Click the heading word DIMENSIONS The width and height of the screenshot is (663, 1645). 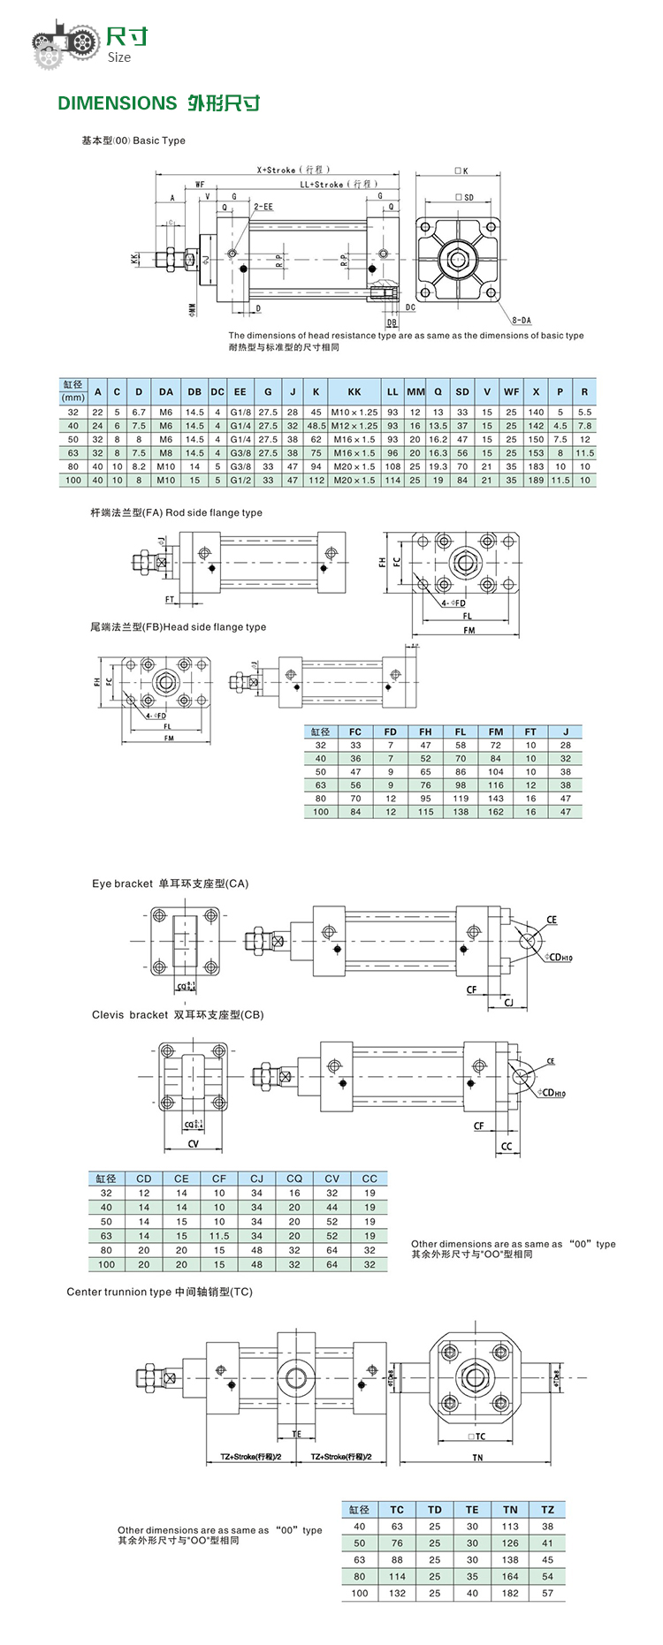118,103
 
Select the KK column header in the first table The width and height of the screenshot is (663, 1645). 354,391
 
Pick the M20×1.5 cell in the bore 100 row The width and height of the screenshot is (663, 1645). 354,481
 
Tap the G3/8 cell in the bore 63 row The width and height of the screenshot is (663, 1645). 240,453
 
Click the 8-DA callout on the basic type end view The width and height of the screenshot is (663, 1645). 522,320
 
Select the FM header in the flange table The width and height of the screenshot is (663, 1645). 496,732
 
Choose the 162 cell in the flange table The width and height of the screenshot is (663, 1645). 496,812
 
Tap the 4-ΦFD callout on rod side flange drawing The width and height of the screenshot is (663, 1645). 453,603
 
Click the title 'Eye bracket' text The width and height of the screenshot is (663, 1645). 122,883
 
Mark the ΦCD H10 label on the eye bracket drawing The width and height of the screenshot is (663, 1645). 559,958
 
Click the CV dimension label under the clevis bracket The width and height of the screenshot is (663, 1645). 193,1143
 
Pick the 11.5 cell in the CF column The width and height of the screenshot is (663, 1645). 219,1236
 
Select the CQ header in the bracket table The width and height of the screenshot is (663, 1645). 294,1179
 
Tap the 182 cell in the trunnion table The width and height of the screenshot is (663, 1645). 510,1594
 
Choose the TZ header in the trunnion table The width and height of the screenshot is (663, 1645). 548,1510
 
